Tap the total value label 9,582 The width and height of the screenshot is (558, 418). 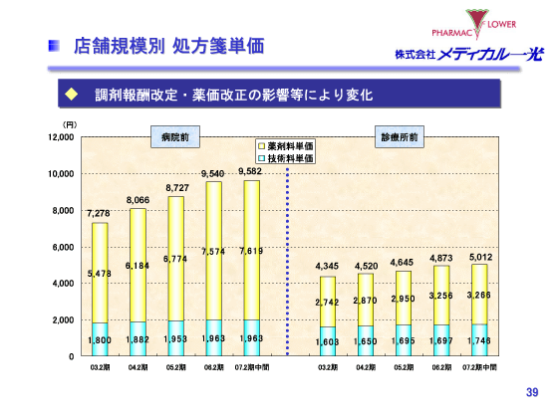[x=251, y=171]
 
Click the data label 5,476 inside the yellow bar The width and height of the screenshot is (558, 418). [x=98, y=273]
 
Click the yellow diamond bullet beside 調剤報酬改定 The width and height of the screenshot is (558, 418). [x=72, y=95]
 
